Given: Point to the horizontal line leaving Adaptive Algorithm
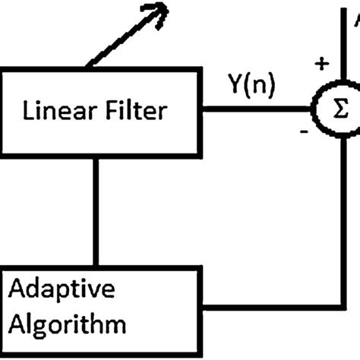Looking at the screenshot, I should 273,308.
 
